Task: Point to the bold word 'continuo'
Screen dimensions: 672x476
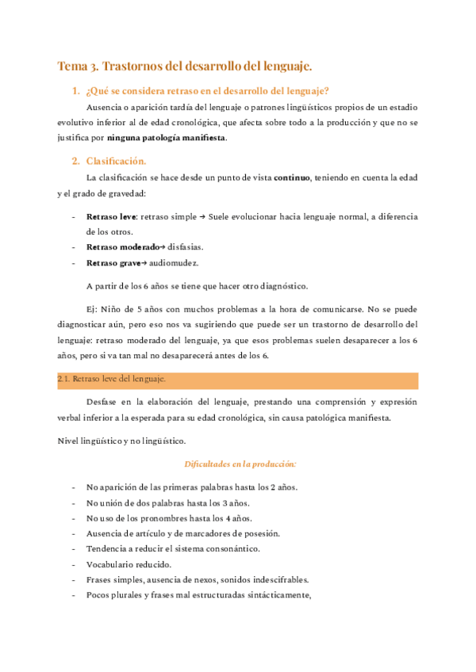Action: point(292,178)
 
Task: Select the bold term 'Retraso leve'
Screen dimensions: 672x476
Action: point(112,216)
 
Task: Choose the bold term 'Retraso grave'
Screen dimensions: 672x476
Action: point(111,262)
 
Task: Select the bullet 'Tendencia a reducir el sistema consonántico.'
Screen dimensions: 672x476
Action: point(173,548)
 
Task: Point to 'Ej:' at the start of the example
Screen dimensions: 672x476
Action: point(93,308)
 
